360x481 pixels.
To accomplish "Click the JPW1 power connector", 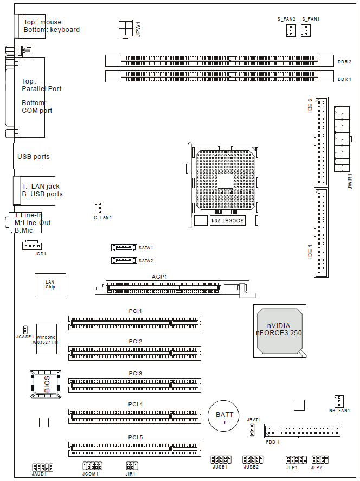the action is pyautogui.click(x=125, y=29).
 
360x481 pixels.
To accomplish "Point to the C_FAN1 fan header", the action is pyautogui.click(x=99, y=208).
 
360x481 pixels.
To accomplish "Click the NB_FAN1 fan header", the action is pyautogui.click(x=339, y=401).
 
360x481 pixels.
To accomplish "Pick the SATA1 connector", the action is pyautogui.click(x=124, y=247).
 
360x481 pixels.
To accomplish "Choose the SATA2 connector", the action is pyautogui.click(x=124, y=260).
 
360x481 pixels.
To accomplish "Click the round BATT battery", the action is pyautogui.click(x=223, y=416).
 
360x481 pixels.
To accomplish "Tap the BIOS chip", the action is pyautogui.click(x=46, y=384).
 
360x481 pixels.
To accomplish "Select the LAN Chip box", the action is pyautogui.click(x=50, y=285).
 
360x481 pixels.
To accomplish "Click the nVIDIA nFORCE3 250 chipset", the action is pyautogui.click(x=280, y=331).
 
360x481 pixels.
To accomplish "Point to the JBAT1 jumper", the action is pyautogui.click(x=252, y=430).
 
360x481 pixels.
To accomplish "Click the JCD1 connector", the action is pyautogui.click(x=32, y=245).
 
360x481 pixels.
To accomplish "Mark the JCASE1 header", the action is pyautogui.click(x=25, y=330).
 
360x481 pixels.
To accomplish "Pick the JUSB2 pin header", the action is pyautogui.click(x=253, y=459).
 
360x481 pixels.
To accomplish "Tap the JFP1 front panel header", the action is pyautogui.click(x=296, y=459).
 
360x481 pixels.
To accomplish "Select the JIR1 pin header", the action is pyautogui.click(x=132, y=466).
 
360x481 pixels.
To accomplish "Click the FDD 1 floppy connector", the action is pyautogui.click(x=303, y=431).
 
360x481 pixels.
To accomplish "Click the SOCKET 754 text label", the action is pyautogui.click(x=227, y=220).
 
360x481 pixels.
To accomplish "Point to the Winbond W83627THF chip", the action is pyautogui.click(x=47, y=339).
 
